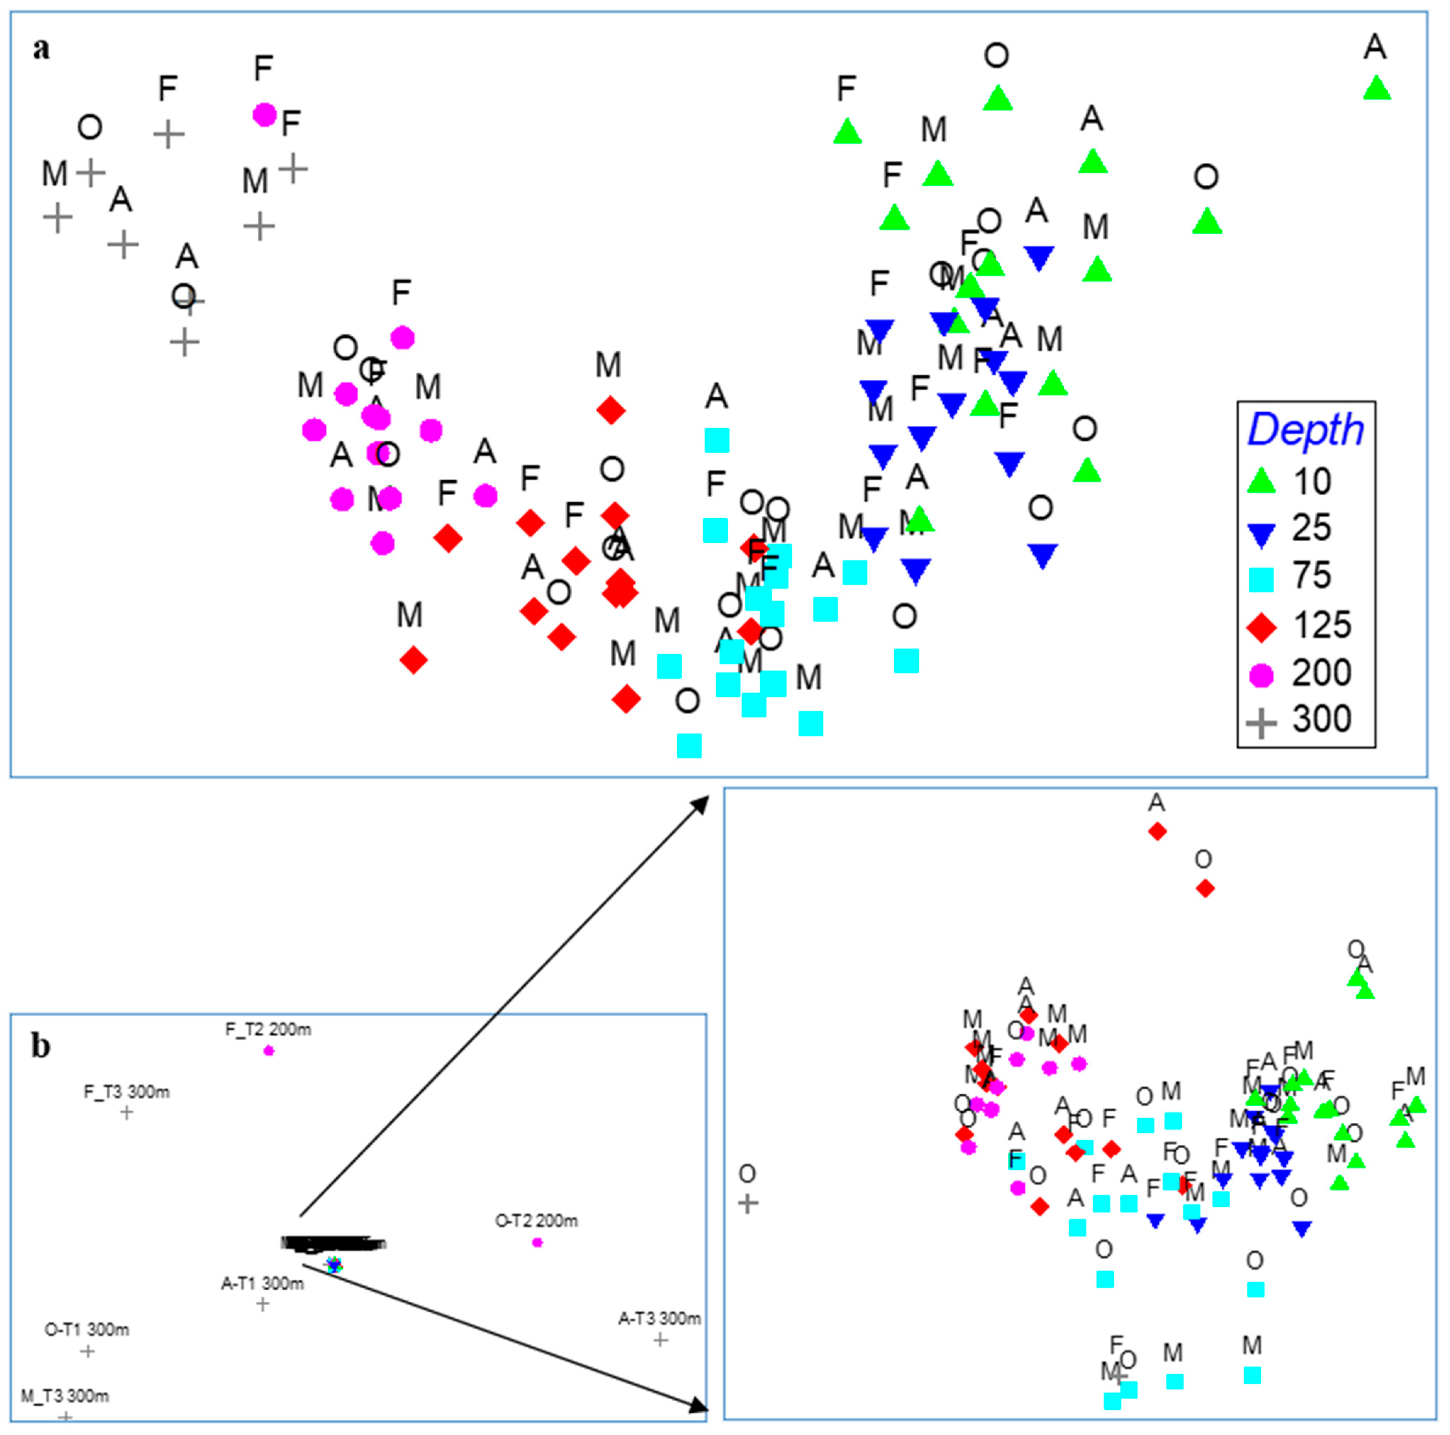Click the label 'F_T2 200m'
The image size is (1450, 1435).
268,1030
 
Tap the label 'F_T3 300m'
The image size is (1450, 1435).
126,1092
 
